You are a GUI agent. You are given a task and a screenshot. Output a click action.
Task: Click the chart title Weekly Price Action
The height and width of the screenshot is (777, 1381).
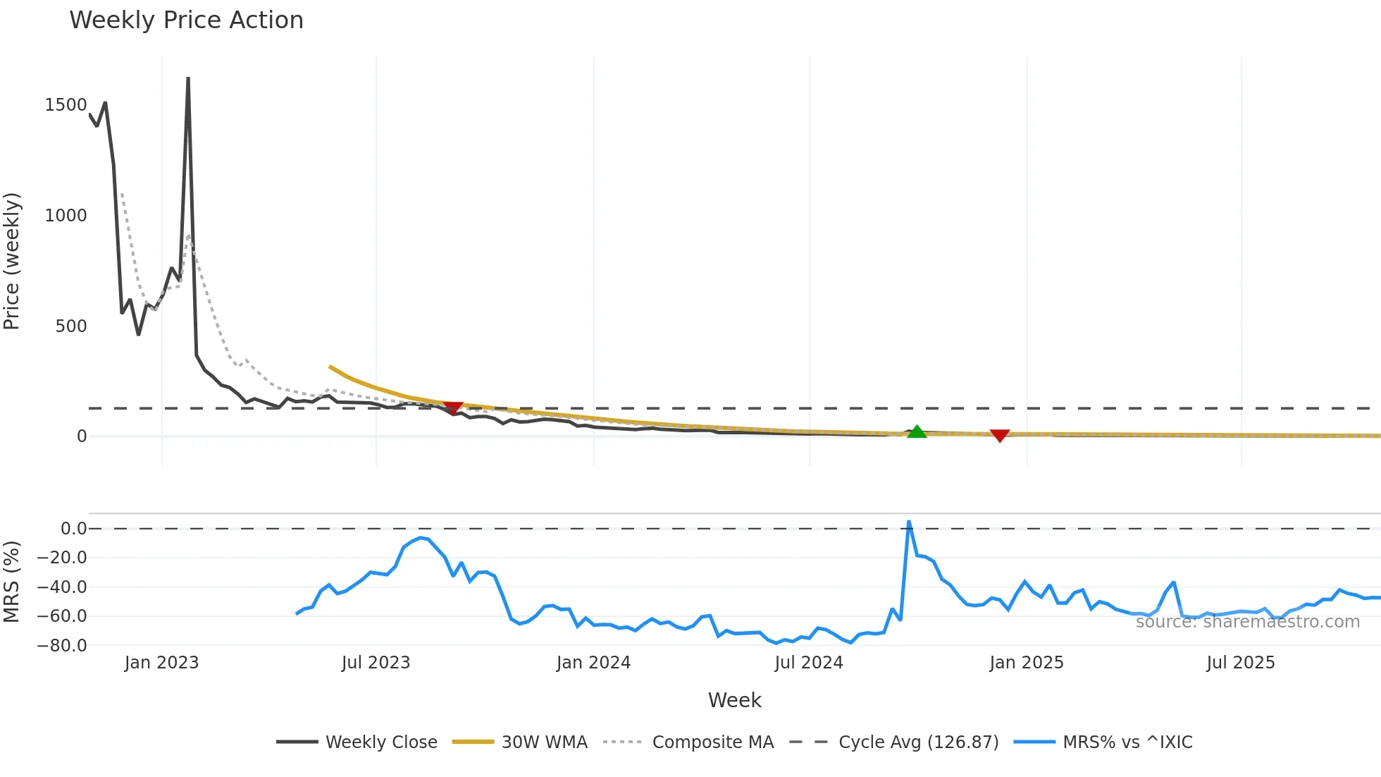pos(186,20)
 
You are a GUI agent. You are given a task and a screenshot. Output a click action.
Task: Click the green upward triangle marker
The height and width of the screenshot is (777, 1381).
pos(917,432)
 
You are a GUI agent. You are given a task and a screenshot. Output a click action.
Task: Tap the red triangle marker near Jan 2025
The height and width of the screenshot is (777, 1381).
pos(1000,436)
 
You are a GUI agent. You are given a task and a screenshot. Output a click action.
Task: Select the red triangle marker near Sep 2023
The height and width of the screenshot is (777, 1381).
pos(453,408)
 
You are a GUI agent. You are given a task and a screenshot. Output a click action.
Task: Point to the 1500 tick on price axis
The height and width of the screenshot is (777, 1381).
pos(66,105)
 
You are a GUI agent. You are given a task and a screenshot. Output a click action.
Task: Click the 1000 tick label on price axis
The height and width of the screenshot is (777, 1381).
pos(66,216)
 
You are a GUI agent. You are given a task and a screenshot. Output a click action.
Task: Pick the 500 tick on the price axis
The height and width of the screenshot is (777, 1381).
pos(71,326)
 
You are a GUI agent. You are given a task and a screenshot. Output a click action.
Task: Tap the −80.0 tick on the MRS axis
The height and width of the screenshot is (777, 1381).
pos(61,645)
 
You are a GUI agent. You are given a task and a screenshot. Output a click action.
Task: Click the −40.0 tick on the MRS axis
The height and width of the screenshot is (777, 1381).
pos(61,587)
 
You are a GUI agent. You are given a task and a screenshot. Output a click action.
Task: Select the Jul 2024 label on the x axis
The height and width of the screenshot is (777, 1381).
pos(808,663)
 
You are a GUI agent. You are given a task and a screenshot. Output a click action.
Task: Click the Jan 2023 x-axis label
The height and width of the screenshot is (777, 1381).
pos(161,663)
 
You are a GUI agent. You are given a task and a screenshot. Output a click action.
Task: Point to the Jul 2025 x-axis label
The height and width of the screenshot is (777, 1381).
pos(1240,663)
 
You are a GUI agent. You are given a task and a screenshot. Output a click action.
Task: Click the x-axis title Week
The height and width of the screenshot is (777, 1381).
pos(734,700)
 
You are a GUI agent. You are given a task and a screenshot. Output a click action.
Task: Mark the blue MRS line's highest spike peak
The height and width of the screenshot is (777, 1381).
pos(909,522)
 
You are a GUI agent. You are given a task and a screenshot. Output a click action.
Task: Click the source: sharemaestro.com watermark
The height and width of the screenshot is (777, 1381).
pos(1247,622)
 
